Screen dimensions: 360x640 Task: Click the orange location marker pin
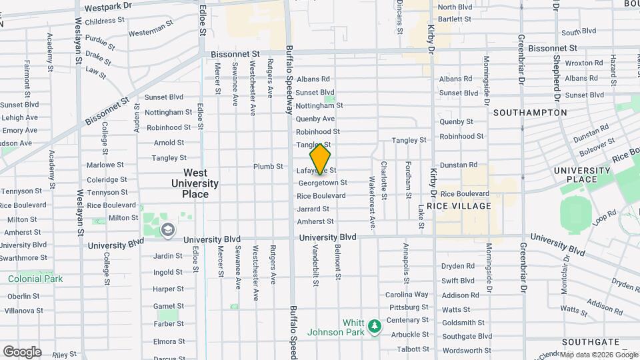click(320, 159)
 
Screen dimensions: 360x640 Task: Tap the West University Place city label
click(195, 183)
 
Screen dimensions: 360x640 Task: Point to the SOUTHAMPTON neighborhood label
click(530, 113)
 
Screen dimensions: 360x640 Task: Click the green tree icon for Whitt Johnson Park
click(375, 325)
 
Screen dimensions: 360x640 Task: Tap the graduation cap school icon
click(169, 230)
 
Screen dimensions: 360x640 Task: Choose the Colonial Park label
click(35, 279)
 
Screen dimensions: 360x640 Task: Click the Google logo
click(22, 352)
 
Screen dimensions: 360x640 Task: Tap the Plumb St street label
click(268, 166)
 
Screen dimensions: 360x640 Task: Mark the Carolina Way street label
click(407, 295)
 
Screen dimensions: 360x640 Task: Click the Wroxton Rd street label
click(584, 63)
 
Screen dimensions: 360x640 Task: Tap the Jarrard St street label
click(313, 209)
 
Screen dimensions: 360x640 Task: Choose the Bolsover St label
click(597, 145)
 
